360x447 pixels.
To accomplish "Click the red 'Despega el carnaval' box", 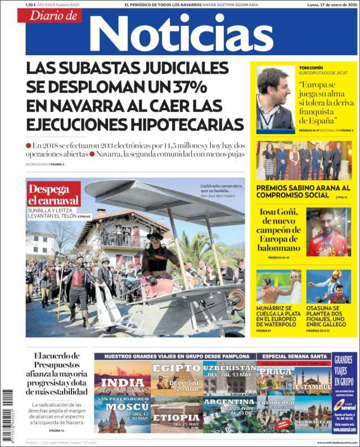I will pos(53,194).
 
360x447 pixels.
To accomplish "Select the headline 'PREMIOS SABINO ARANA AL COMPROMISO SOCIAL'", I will pos(303,191).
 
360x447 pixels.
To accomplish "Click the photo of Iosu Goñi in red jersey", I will pos(328,232).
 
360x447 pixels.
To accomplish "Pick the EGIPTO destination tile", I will pos(177,376).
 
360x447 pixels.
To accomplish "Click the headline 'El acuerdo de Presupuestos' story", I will pos(56,373).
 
